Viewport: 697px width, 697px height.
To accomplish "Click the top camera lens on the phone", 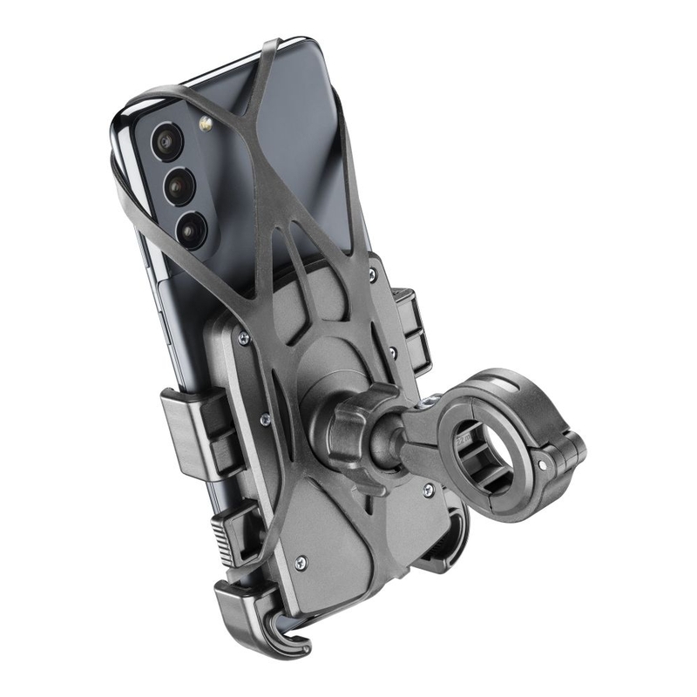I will (166, 141).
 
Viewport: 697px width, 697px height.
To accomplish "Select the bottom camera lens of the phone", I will (191, 228).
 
